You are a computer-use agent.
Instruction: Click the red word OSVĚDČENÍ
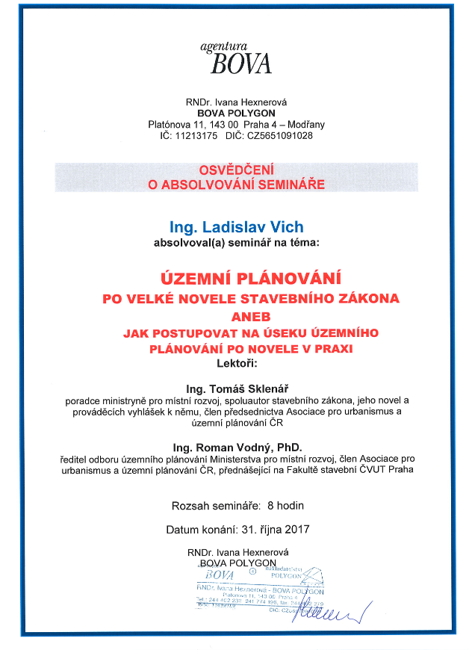pos(236,170)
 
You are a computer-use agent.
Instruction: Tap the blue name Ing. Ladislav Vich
pos(236,226)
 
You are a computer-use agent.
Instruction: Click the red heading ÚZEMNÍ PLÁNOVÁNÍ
pos(236,278)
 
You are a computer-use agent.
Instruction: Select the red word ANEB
pos(236,315)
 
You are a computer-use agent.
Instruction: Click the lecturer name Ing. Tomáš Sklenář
pos(236,389)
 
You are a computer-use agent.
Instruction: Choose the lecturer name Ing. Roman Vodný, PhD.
pos(236,446)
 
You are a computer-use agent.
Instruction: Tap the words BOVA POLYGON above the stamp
pos(237,563)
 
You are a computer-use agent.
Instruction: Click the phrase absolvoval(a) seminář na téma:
pos(236,243)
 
